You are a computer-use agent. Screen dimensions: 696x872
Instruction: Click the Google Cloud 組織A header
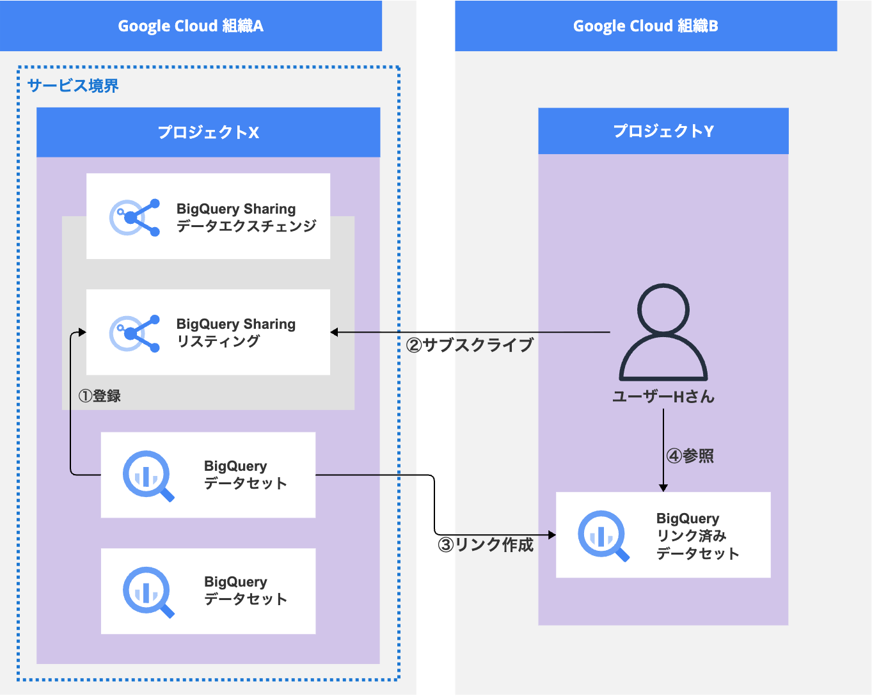click(191, 26)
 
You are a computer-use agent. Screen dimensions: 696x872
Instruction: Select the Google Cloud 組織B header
click(646, 26)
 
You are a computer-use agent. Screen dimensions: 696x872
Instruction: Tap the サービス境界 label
click(73, 86)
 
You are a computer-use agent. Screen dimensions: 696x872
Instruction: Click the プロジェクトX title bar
click(208, 132)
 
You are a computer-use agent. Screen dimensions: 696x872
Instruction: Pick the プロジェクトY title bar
click(663, 131)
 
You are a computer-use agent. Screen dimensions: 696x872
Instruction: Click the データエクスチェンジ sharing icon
click(135, 217)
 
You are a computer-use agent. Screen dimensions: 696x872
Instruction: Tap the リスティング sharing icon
click(135, 333)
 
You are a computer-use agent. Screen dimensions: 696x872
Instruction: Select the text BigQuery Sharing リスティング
click(235, 333)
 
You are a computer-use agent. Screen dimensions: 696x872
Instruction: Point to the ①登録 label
click(100, 396)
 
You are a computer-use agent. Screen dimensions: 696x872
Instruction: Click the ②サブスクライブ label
click(470, 345)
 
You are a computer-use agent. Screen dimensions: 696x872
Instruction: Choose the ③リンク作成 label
click(486, 544)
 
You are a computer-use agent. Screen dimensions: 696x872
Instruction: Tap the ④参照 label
click(690, 456)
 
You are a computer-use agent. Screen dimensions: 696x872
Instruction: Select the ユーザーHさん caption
click(663, 397)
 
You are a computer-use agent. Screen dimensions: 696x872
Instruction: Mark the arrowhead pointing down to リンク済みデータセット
click(663, 487)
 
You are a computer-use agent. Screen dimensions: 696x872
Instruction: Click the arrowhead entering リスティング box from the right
click(335, 333)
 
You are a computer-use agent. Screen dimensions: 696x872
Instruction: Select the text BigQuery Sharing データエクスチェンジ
click(246, 217)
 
